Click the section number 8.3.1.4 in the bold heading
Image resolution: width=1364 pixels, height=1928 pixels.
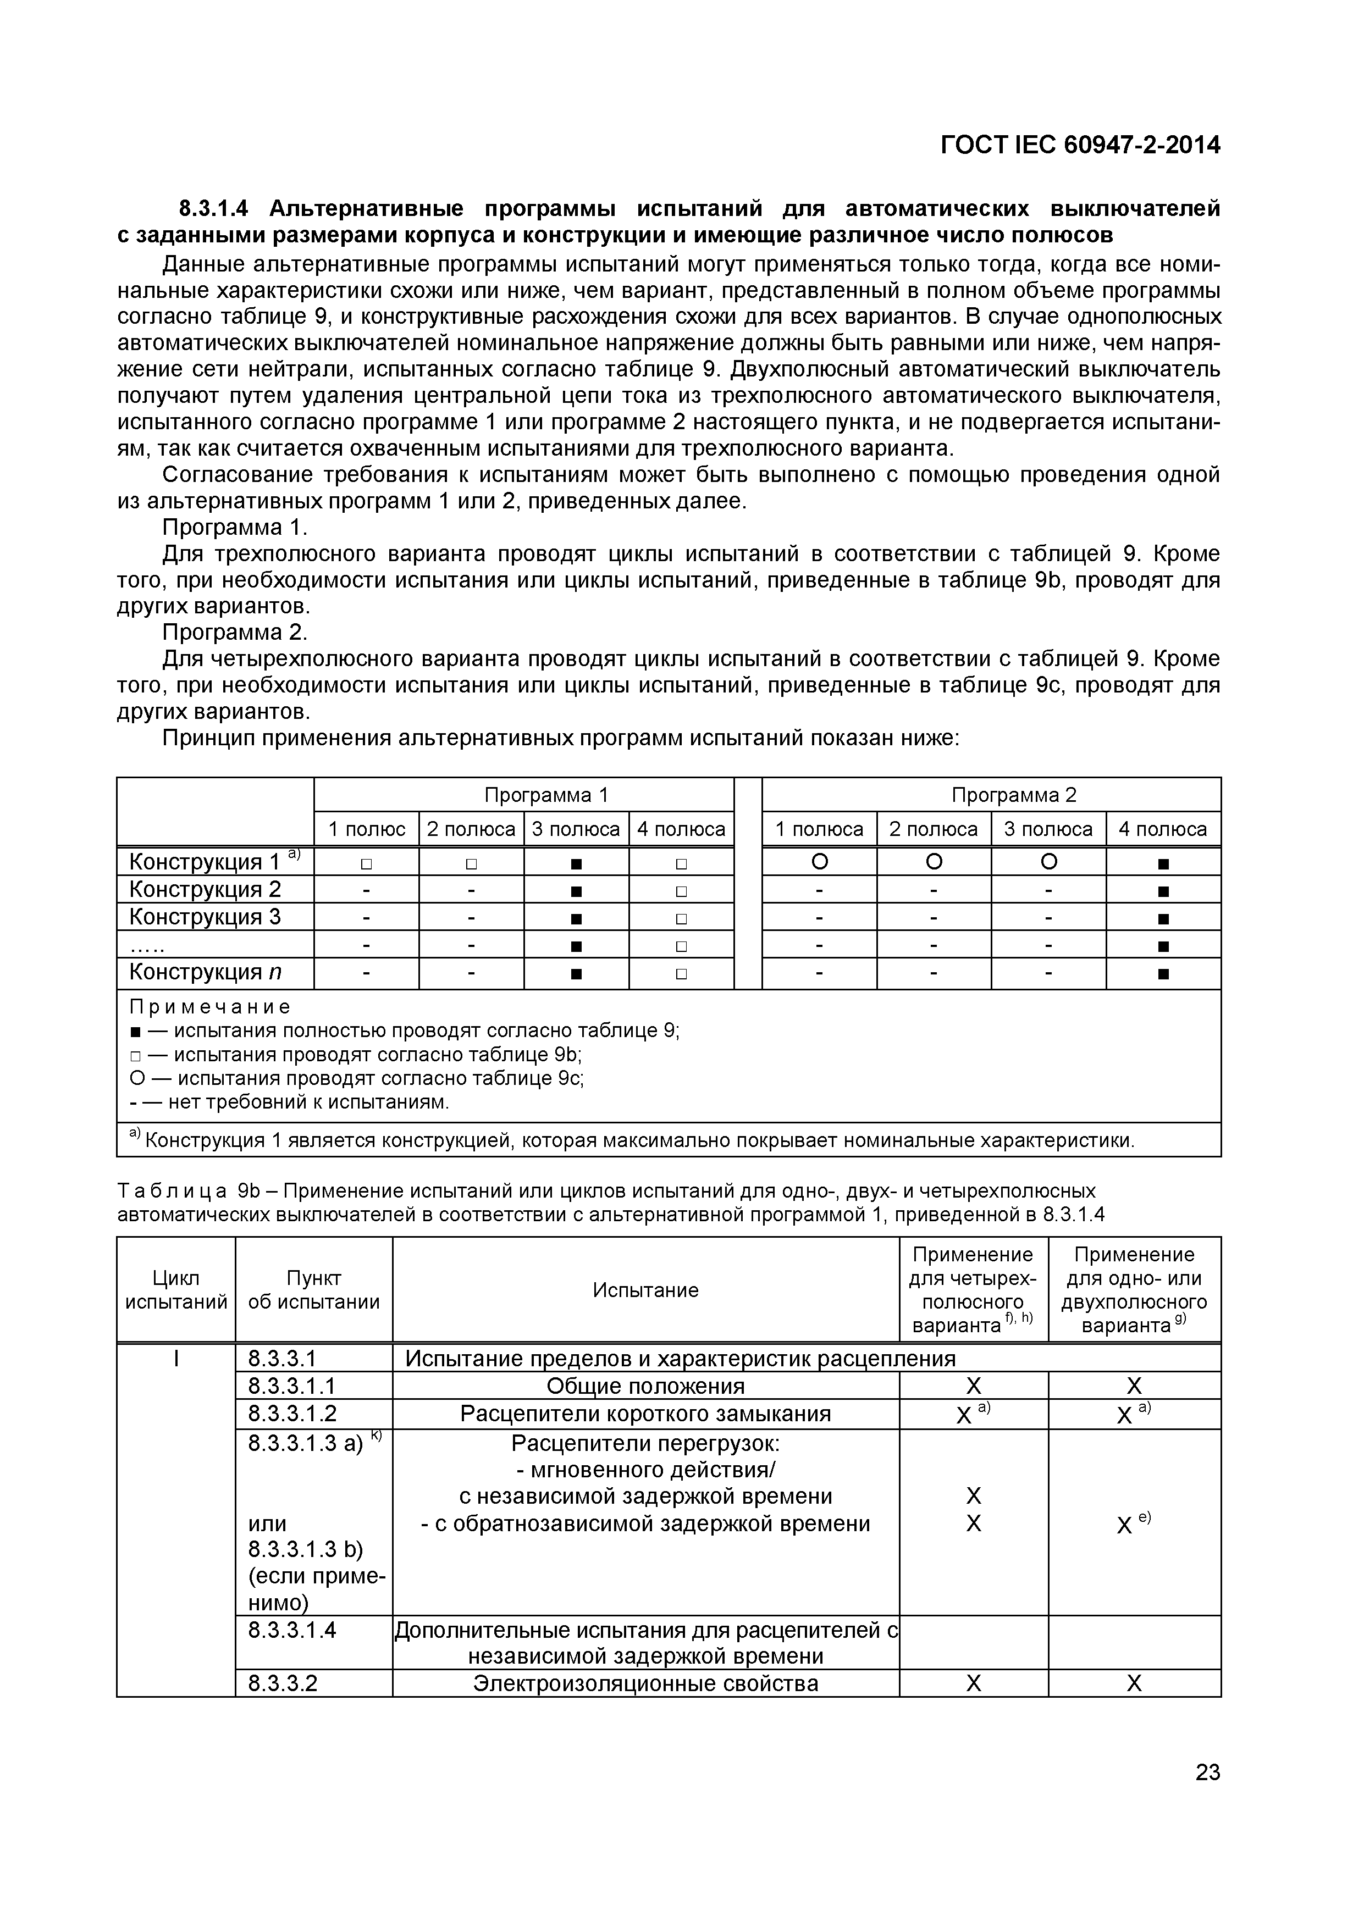click(x=218, y=208)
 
